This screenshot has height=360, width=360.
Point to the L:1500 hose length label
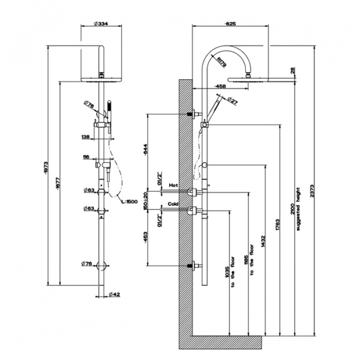click(136, 201)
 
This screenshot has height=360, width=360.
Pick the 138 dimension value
click(85, 137)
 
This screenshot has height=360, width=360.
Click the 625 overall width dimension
click(230, 24)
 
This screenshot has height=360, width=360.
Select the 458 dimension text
click(220, 86)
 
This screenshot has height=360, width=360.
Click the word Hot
click(173, 185)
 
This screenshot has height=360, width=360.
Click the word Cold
click(173, 204)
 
